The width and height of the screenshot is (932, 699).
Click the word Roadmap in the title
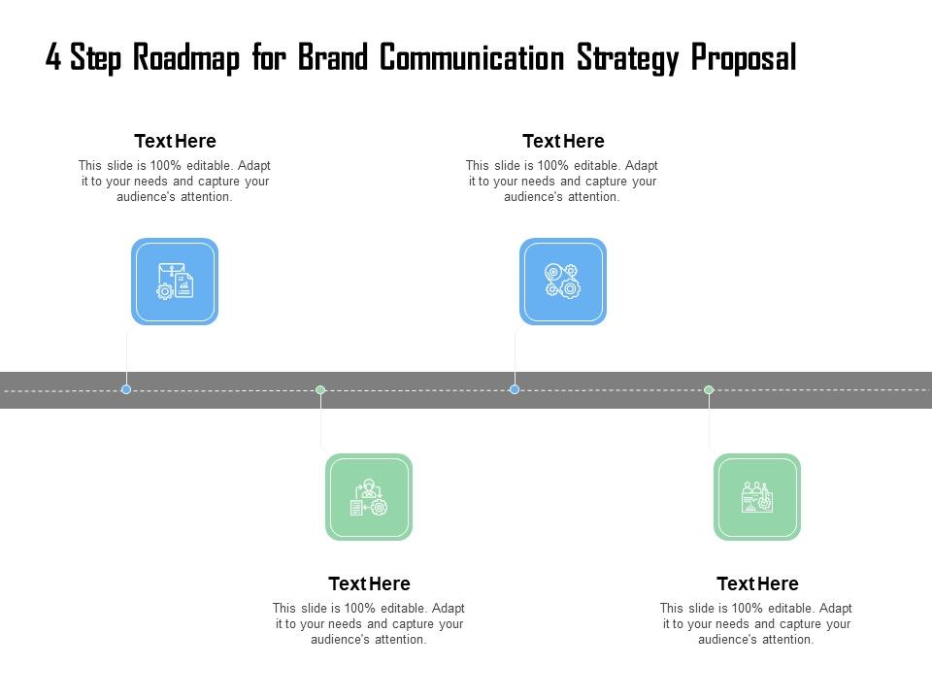(x=189, y=58)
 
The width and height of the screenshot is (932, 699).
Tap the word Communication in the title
(x=471, y=58)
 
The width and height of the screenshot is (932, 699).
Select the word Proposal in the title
(x=744, y=58)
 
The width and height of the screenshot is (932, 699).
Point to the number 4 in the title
(x=53, y=58)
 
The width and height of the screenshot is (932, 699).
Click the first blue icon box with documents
(x=175, y=282)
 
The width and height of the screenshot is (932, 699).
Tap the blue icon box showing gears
(x=563, y=282)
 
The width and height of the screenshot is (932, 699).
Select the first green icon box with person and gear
(x=369, y=497)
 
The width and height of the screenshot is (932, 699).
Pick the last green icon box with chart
(x=757, y=497)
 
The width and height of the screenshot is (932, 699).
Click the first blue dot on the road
(x=126, y=389)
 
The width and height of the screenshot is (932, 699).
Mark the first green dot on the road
(x=320, y=389)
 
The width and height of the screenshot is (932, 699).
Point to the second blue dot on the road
(x=515, y=389)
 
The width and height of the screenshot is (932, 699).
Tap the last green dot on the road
(x=709, y=389)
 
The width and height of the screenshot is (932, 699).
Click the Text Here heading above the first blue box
(x=175, y=142)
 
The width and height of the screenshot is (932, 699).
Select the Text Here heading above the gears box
(x=563, y=142)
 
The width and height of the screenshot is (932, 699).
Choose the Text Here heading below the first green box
(x=369, y=584)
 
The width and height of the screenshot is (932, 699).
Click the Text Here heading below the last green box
(x=757, y=584)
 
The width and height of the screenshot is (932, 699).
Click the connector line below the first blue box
(x=126, y=354)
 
